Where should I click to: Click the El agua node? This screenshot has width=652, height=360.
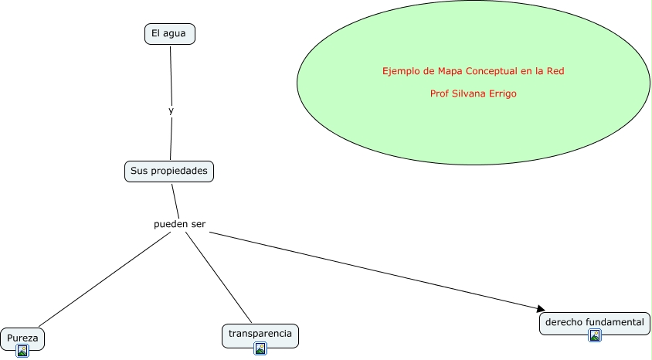169,34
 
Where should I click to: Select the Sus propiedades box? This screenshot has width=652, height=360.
168,171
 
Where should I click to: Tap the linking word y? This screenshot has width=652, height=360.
171,110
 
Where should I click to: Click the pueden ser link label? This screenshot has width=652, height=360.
179,225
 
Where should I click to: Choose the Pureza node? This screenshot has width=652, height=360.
22,338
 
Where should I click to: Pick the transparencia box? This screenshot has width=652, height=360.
260,334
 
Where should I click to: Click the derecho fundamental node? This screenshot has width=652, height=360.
594,322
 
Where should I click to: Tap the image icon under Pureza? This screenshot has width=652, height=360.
22,351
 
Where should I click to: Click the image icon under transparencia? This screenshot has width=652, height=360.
260,348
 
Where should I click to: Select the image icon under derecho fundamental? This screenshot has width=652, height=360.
594,335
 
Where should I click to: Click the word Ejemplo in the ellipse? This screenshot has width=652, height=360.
401,71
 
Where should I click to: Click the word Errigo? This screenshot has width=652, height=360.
502,93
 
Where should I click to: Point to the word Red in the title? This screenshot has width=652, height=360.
555,71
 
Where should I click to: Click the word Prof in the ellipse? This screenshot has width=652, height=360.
439,93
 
